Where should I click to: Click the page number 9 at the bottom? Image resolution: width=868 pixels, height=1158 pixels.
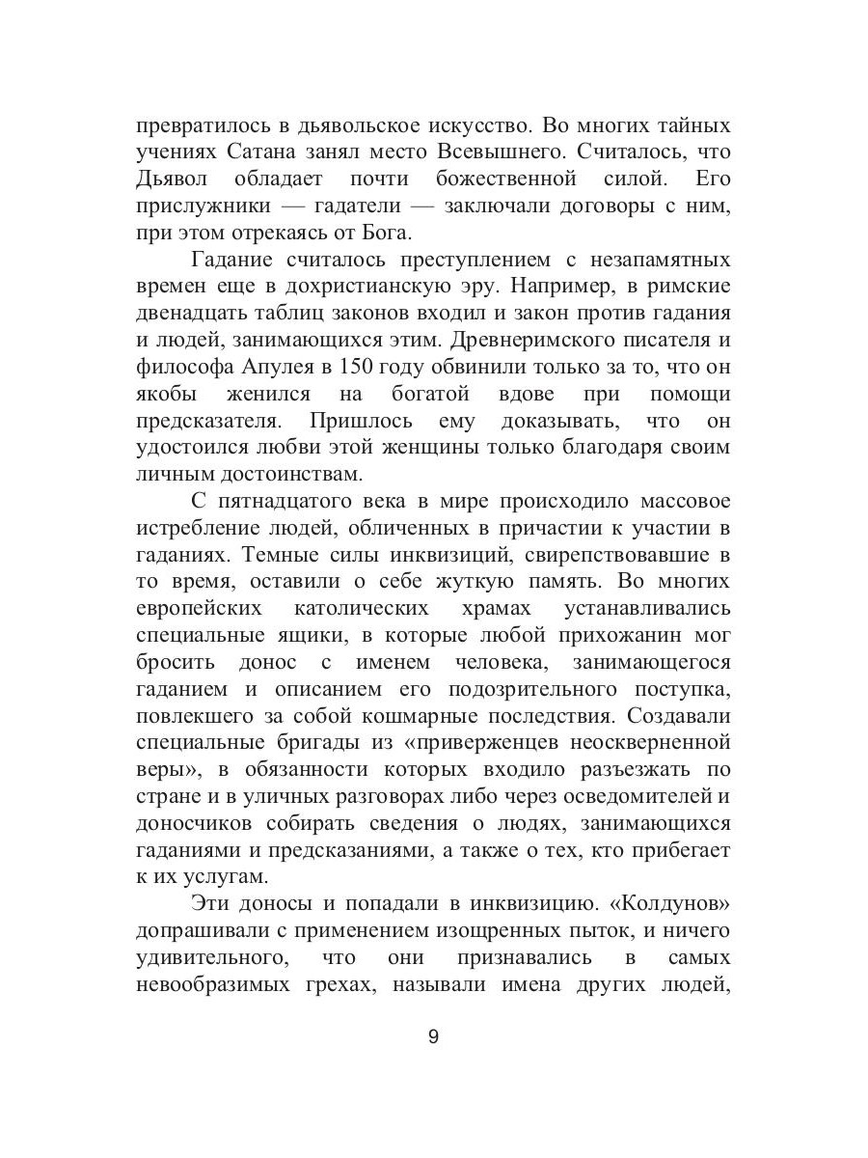coord(433,1037)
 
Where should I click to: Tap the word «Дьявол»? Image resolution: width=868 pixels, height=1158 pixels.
coord(169,179)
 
